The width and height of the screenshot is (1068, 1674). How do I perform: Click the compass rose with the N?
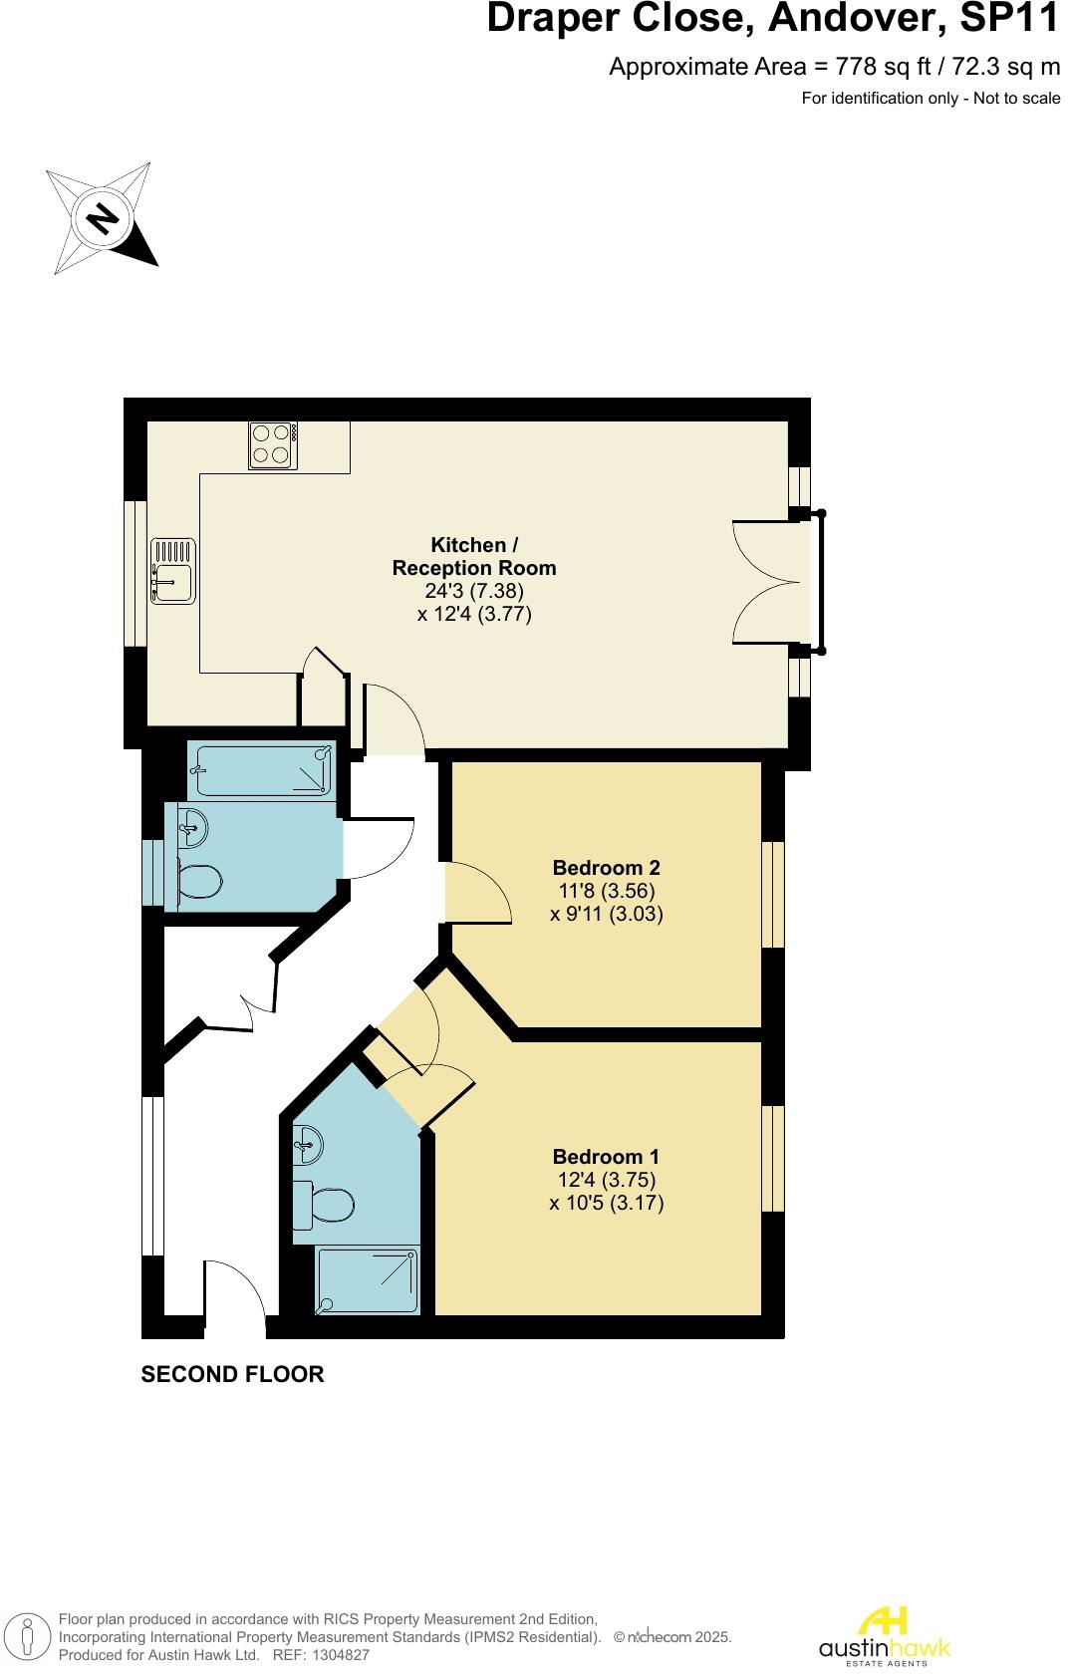(x=102, y=218)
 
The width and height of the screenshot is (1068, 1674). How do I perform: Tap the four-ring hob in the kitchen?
(x=273, y=444)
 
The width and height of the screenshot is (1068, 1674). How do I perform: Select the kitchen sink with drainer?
(x=173, y=570)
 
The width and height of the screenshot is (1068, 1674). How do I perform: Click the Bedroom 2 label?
(x=606, y=867)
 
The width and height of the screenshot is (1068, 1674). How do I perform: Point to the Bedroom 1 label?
(x=606, y=1156)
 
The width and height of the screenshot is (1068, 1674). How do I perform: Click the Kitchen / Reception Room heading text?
(x=474, y=556)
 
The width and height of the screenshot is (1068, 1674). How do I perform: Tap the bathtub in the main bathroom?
(x=261, y=771)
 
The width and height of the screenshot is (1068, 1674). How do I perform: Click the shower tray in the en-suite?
(x=367, y=1281)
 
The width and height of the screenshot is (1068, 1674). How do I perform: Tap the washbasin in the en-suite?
(x=308, y=1144)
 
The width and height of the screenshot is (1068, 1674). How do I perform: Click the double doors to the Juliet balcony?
(x=767, y=582)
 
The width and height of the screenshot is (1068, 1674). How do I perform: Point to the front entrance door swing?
(x=235, y=1291)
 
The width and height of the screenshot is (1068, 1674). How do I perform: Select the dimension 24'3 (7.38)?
(x=474, y=591)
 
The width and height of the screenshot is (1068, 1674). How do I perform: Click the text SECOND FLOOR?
(x=232, y=1374)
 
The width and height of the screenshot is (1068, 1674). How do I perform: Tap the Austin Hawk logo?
(x=884, y=1636)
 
